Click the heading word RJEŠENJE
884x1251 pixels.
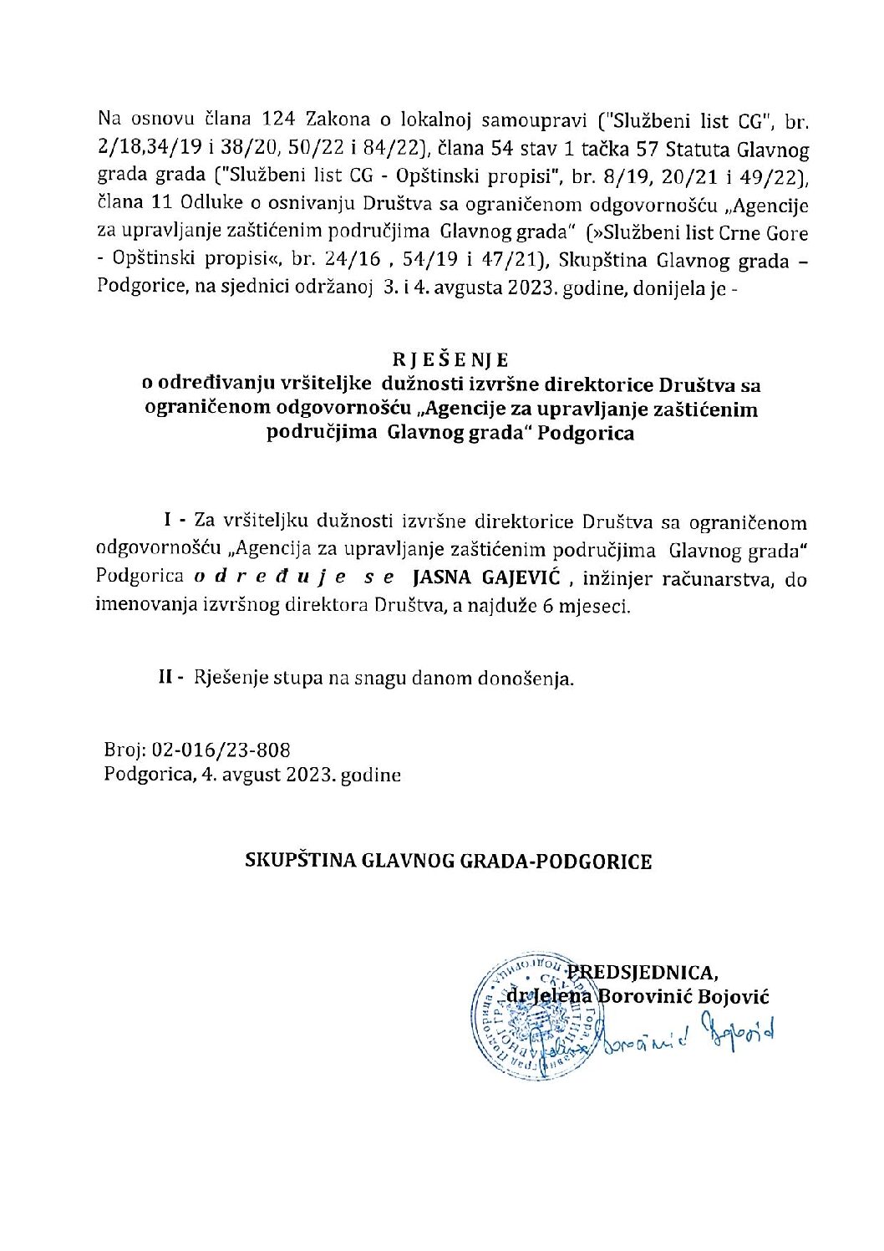pos(450,360)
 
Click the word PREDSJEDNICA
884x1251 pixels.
pos(642,973)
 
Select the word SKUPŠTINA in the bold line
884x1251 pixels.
pos(299,861)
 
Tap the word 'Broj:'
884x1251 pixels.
pos(125,750)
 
